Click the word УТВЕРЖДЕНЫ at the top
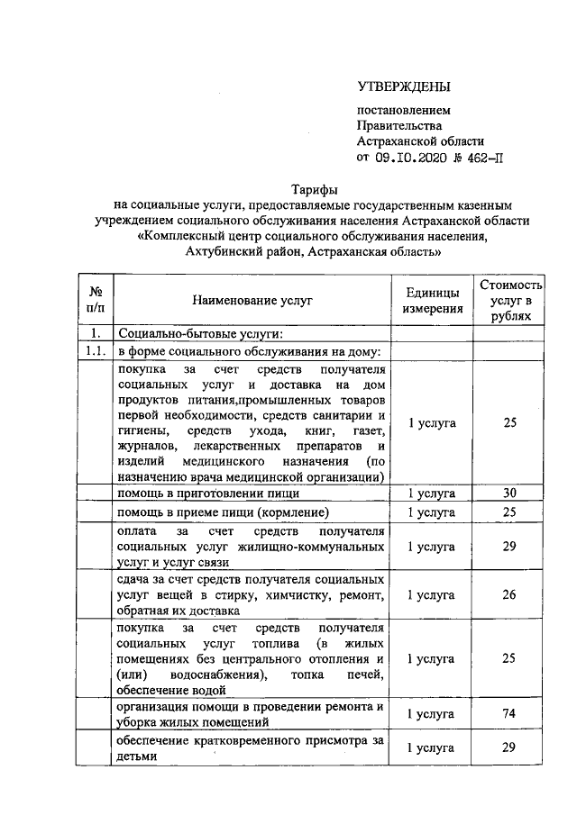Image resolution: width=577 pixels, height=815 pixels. [x=403, y=86]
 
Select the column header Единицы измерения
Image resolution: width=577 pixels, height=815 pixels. [x=431, y=300]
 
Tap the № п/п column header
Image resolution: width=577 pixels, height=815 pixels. [x=95, y=300]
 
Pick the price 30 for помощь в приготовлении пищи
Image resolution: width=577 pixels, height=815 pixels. [x=510, y=494]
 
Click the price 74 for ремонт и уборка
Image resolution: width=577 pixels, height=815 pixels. [x=510, y=714]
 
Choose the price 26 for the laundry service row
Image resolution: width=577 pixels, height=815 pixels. [x=510, y=594]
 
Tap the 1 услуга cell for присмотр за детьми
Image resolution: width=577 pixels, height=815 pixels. [x=431, y=748]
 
